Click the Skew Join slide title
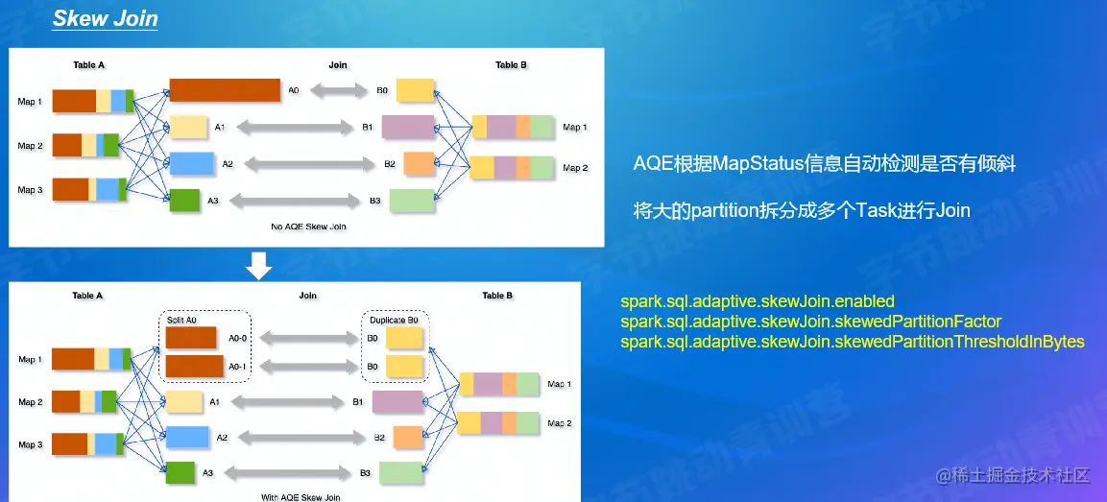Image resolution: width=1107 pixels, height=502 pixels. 106,19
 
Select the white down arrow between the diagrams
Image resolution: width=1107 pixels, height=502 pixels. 260,266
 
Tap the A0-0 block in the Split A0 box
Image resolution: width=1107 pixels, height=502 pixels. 190,337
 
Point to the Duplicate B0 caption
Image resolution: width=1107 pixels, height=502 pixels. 395,318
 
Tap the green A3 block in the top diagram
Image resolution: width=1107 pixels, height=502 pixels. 183,201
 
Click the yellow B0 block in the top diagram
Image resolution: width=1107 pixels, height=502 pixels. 415,90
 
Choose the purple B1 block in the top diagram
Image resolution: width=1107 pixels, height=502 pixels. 408,127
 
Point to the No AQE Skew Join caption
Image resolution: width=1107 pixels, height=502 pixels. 308,227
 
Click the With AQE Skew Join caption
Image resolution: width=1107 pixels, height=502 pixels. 301,497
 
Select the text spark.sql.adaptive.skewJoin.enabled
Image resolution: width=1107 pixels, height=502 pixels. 758,301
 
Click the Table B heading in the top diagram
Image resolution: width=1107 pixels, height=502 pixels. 512,65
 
